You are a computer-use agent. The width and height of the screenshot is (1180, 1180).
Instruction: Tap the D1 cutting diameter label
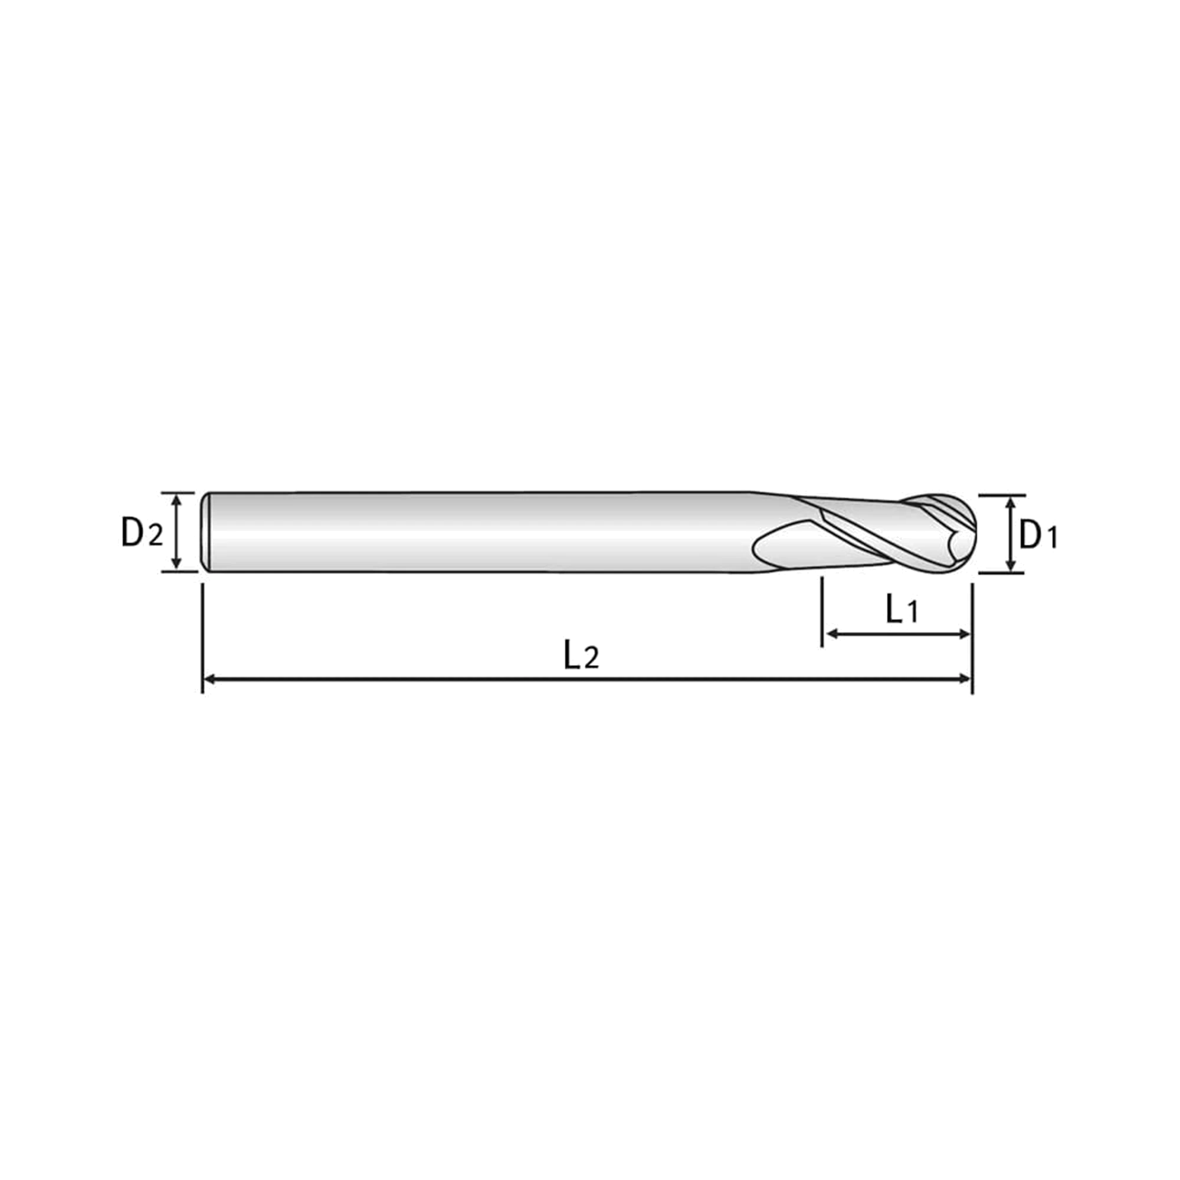(1038, 535)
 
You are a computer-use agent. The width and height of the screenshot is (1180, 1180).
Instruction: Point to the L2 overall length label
(581, 654)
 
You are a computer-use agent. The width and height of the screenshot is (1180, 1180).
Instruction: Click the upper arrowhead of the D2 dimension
(176, 499)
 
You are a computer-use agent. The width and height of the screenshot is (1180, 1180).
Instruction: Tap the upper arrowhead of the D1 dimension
(1011, 501)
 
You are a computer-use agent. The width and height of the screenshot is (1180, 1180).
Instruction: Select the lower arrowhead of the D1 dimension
(1011, 566)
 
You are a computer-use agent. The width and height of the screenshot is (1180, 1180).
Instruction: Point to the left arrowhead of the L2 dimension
(209, 678)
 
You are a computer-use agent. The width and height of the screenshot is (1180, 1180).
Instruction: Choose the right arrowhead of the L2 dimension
(965, 678)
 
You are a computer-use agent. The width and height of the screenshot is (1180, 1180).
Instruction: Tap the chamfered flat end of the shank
(206, 532)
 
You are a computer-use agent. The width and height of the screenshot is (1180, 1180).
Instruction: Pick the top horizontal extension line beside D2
(178, 492)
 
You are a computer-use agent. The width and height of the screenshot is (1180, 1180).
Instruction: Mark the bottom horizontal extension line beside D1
(1002, 573)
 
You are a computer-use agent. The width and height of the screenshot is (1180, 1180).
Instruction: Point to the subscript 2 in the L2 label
(591, 658)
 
